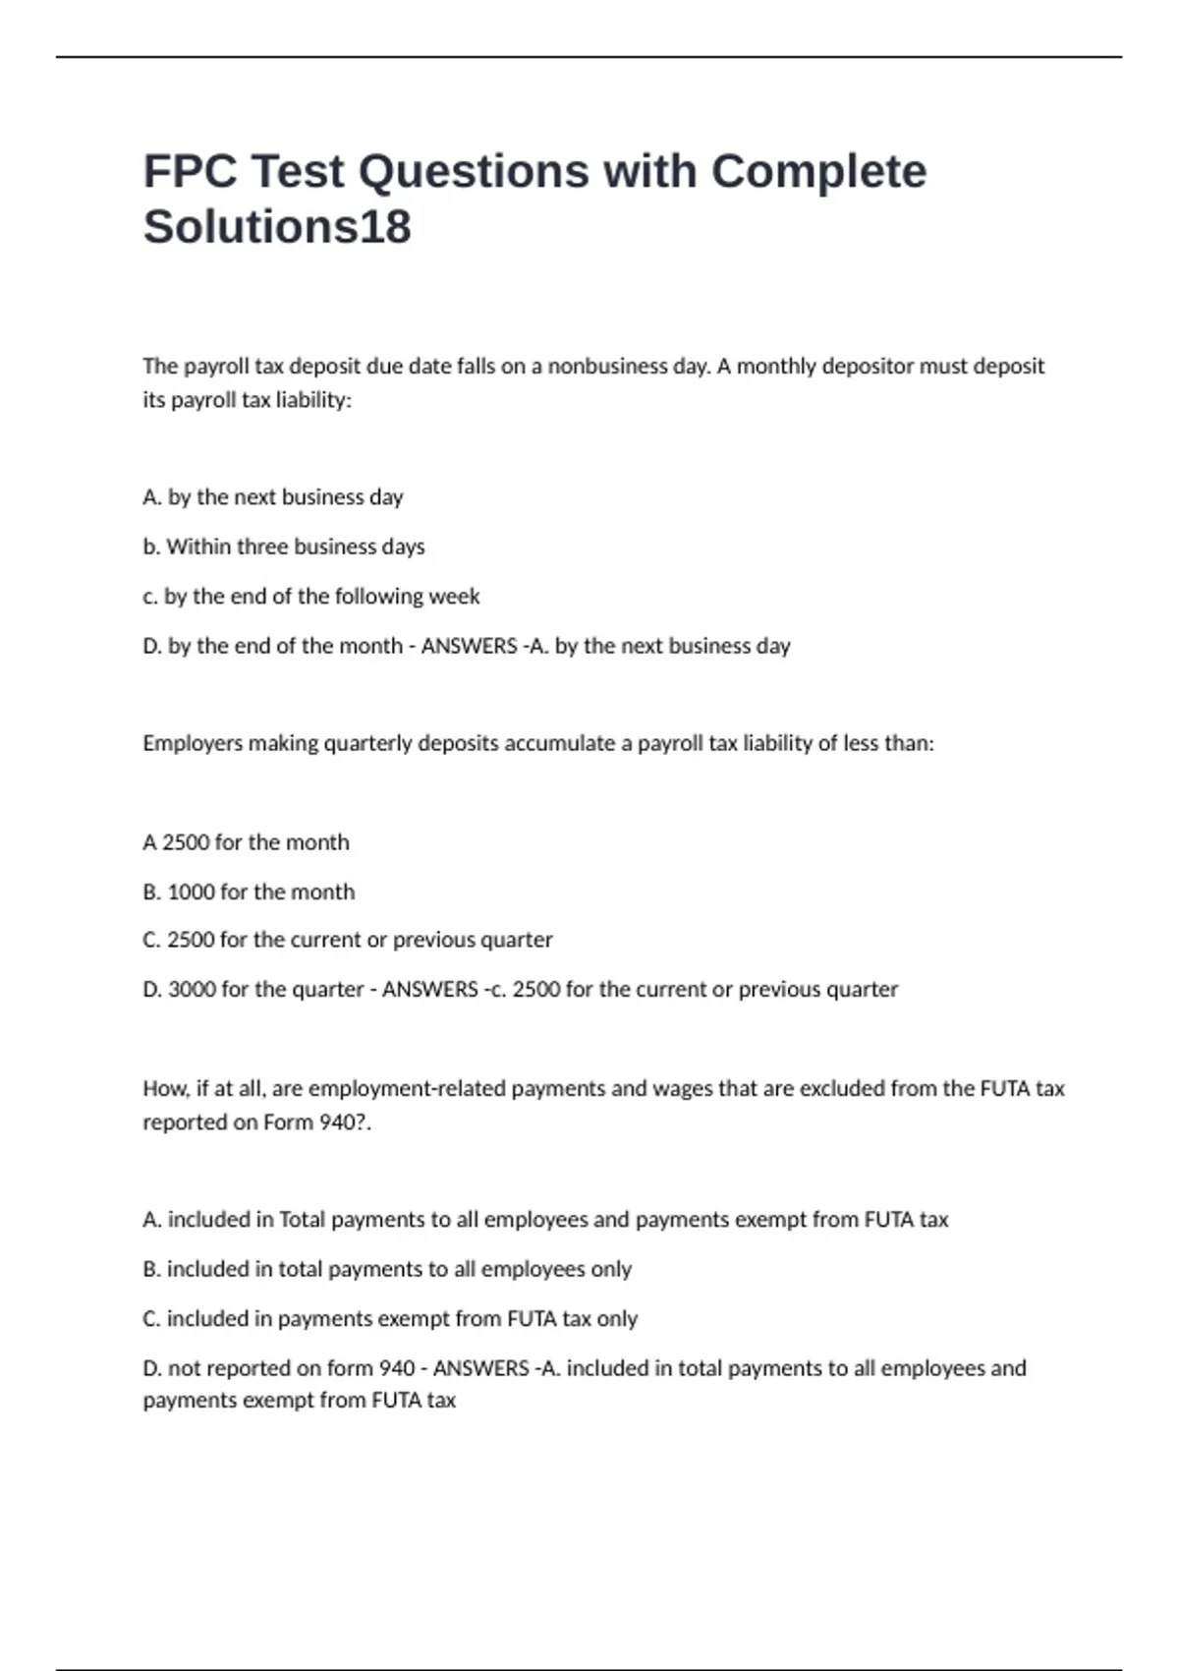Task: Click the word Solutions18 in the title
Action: tap(277, 227)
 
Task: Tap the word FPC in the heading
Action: tap(190, 172)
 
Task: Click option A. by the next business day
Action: tap(273, 497)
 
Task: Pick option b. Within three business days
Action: tap(284, 547)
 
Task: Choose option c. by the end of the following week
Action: tap(311, 597)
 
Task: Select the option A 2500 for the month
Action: tap(246, 842)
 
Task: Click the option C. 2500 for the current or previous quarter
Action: tap(348, 941)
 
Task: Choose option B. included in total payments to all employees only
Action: tap(387, 1270)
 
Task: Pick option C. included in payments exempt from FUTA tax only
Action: tap(390, 1319)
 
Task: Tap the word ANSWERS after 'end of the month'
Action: tap(469, 647)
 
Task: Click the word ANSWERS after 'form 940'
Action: tap(480, 1368)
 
